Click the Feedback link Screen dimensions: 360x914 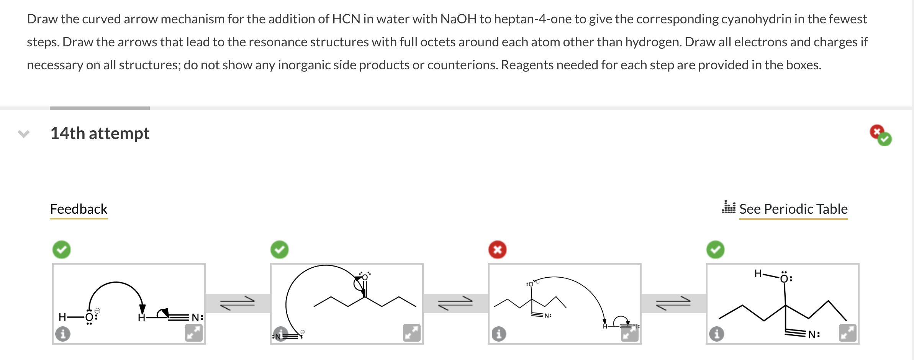[x=79, y=209]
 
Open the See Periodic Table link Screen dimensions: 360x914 [x=793, y=209]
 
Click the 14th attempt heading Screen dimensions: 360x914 [x=100, y=133]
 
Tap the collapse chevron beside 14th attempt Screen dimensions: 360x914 [x=24, y=134]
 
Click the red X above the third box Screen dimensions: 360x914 [x=497, y=250]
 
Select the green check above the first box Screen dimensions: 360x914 [x=62, y=250]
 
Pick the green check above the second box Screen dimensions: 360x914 [x=280, y=250]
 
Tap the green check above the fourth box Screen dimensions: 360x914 [x=715, y=250]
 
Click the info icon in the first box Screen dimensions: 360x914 [x=63, y=334]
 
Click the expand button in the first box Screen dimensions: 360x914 [x=194, y=332]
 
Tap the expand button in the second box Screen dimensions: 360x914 [x=412, y=332]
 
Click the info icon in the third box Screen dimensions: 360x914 [x=499, y=334]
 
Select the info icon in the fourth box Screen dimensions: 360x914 [x=717, y=334]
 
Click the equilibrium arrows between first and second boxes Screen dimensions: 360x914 [x=238, y=303]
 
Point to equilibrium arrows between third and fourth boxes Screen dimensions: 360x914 [x=673, y=303]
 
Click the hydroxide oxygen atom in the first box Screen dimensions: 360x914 [x=89, y=317]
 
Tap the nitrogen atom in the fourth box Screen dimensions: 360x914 [x=812, y=334]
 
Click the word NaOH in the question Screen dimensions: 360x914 [x=458, y=19]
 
